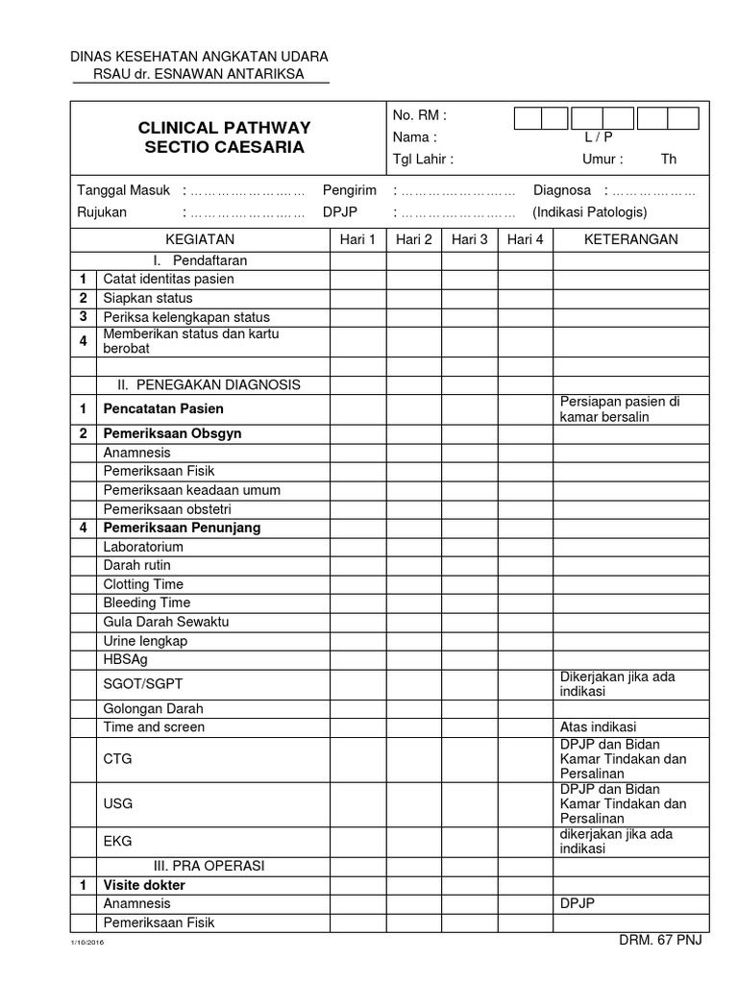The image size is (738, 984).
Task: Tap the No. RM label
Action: (419, 115)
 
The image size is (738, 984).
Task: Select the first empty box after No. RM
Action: (529, 118)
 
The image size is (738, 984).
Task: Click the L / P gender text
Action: (599, 137)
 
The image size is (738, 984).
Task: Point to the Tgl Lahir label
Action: (423, 160)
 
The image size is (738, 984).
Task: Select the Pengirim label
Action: (350, 190)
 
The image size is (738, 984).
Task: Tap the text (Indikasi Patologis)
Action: (590, 211)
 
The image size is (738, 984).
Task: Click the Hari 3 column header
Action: (470, 239)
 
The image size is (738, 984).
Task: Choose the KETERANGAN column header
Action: (631, 239)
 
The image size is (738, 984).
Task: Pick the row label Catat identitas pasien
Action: (168, 279)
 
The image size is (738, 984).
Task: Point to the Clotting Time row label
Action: (143, 584)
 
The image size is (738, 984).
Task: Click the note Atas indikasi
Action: (598, 727)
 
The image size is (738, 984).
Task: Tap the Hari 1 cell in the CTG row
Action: (358, 758)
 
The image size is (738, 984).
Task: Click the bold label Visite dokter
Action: (144, 885)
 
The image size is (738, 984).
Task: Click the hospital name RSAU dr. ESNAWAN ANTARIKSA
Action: (200, 74)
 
